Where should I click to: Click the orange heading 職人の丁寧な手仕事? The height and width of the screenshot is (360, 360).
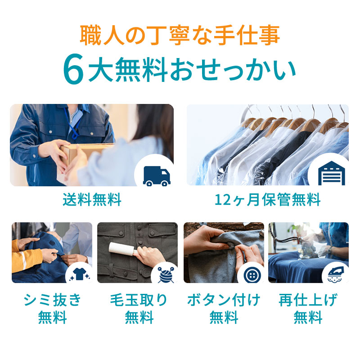180,35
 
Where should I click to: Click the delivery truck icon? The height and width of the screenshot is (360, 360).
155,175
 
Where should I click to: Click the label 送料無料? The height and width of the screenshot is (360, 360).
92,199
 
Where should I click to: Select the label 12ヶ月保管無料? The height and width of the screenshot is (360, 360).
267,199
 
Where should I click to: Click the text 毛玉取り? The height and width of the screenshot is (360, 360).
139,300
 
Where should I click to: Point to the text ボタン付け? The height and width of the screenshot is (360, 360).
224,300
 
